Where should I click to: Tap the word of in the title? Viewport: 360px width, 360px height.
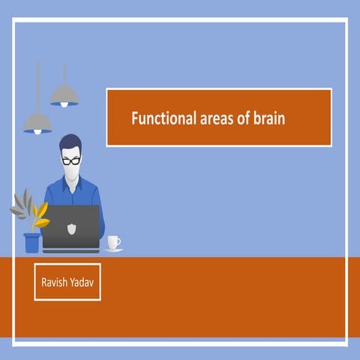click(235, 118)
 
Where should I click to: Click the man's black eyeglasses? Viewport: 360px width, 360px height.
click(71, 160)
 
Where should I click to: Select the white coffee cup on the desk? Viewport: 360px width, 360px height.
click(113, 241)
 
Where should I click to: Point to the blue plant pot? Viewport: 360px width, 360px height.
click(31, 242)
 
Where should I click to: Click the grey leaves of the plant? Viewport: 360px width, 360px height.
click(21, 203)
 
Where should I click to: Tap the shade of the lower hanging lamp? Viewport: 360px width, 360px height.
click(37, 121)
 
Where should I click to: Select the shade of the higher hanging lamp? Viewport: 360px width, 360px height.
click(64, 95)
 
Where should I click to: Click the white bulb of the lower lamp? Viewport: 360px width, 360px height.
click(37, 132)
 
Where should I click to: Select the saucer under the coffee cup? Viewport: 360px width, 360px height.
click(113, 249)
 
